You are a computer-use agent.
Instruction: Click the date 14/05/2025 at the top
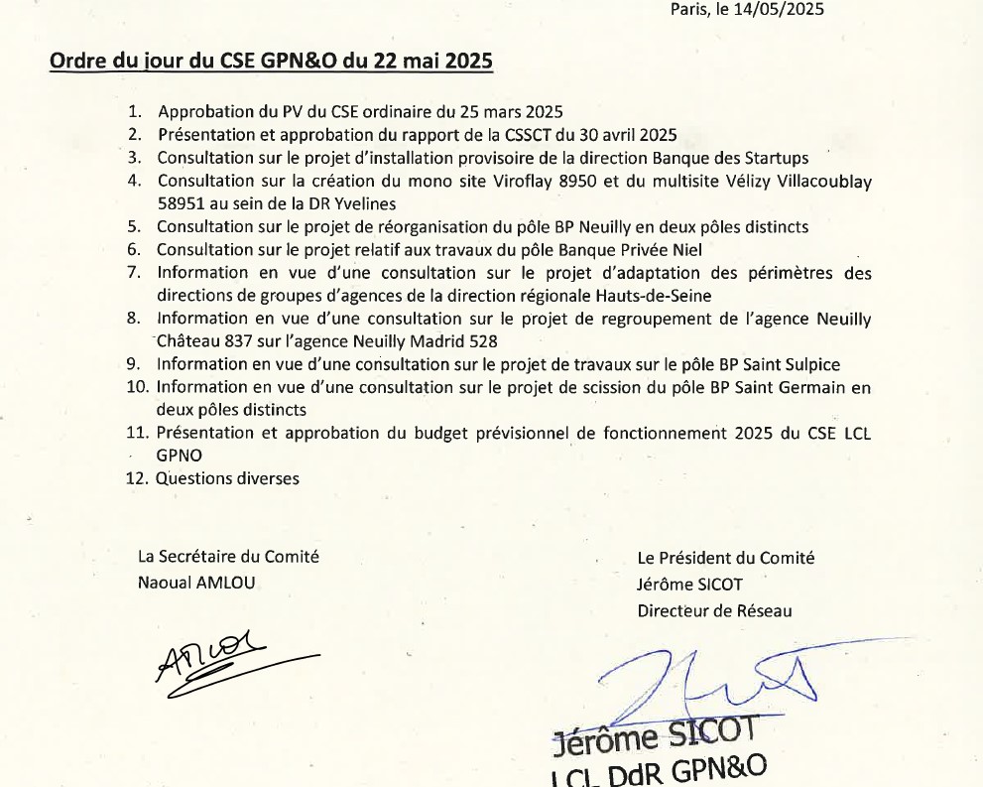click(x=779, y=9)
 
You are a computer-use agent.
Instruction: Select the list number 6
click(x=134, y=249)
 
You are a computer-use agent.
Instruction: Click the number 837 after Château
click(x=242, y=341)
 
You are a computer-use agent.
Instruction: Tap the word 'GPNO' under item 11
click(x=180, y=456)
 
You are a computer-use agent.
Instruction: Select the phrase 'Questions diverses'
click(x=227, y=478)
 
